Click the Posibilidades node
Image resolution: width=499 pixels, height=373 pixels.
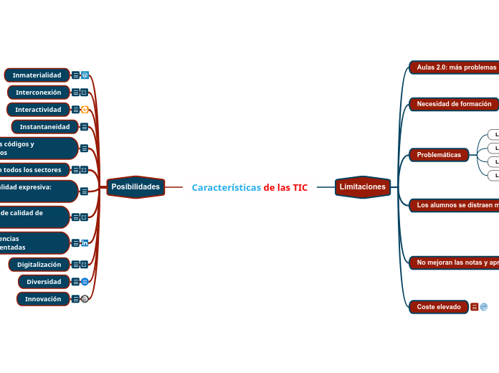(x=136, y=187)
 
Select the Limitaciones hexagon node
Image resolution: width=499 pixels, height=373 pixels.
(x=363, y=187)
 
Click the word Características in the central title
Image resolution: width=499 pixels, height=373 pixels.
(x=226, y=188)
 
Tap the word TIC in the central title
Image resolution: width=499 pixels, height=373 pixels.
(x=300, y=188)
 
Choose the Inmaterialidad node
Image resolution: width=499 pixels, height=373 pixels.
(x=37, y=75)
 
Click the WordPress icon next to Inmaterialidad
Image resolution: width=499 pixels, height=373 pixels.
(x=85, y=75)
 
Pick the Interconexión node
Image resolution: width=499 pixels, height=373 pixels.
(x=39, y=93)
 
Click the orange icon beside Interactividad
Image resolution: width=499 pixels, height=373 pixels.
(x=85, y=110)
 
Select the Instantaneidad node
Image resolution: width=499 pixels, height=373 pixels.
(x=44, y=127)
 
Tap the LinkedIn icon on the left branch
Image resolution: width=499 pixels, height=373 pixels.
(x=85, y=243)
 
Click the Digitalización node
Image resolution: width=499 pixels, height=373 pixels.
(x=39, y=265)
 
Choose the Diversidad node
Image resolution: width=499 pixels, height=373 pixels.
(x=44, y=282)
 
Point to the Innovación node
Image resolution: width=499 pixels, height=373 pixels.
(x=43, y=299)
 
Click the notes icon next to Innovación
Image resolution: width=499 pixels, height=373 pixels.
(x=75, y=299)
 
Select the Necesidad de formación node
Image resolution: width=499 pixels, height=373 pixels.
(x=454, y=104)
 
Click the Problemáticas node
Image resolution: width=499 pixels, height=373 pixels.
(x=439, y=155)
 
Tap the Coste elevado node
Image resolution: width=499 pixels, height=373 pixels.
(x=439, y=307)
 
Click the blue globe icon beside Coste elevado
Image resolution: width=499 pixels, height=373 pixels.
(x=484, y=307)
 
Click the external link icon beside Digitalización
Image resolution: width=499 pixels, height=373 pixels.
(x=85, y=265)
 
